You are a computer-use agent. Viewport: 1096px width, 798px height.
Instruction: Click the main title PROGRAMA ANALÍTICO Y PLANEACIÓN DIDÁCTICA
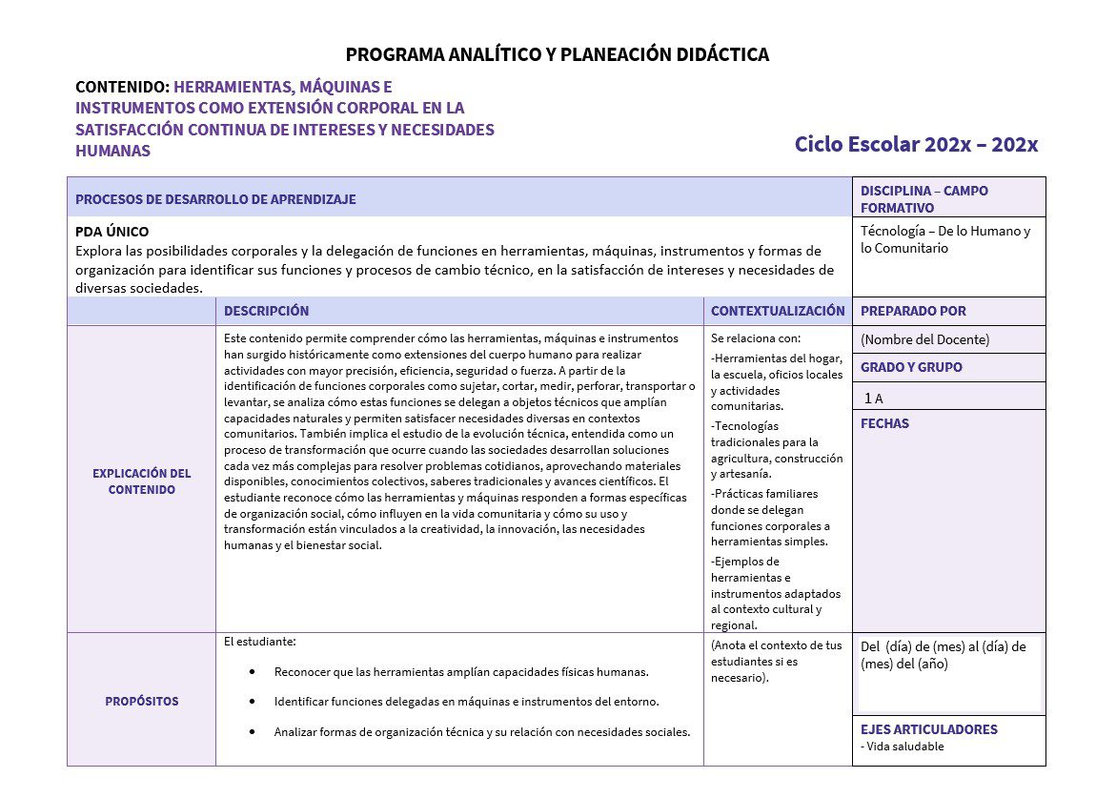[x=557, y=55]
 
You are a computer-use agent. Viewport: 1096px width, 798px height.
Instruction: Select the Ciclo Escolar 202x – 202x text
[x=916, y=145]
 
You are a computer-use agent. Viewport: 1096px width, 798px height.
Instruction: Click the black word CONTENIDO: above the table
[x=122, y=87]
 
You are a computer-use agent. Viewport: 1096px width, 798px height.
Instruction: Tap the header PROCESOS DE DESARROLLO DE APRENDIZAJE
[x=215, y=199]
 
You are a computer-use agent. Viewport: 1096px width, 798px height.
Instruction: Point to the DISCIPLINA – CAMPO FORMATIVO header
[x=923, y=198]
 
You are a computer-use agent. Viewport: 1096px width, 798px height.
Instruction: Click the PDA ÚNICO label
[x=112, y=232]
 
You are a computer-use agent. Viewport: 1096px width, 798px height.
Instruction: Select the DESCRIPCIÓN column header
[x=266, y=311]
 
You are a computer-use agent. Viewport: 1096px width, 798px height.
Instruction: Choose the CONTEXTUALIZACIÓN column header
[x=777, y=311]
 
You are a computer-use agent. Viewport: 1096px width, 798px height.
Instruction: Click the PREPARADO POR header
[x=912, y=311]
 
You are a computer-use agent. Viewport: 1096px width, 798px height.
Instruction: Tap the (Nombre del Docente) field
[x=924, y=339]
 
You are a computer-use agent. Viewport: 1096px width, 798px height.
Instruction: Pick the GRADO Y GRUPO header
[x=911, y=367]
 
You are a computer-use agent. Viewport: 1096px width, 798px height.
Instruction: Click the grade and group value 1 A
[x=874, y=399]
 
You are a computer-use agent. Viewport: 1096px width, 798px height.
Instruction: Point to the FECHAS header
[x=884, y=423]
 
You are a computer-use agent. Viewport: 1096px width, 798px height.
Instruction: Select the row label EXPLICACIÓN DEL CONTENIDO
[x=141, y=481]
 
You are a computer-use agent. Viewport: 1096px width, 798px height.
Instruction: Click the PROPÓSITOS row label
[x=141, y=701]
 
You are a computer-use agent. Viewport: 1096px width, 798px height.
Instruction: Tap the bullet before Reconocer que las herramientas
[x=252, y=672]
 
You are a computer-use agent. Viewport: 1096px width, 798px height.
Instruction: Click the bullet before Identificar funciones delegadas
[x=252, y=702]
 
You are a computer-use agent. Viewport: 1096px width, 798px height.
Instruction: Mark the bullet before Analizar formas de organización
[x=252, y=732]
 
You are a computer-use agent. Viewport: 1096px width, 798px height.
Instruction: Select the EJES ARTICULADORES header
[x=928, y=729]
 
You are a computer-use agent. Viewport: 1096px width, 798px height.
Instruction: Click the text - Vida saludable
[x=902, y=747]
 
